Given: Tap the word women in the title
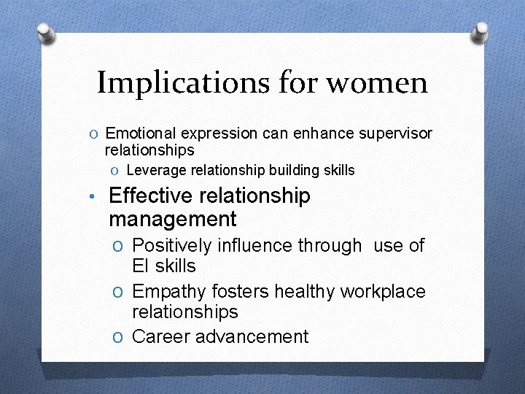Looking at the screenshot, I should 377,82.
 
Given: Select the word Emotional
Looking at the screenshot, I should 141,134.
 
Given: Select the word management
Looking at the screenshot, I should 172,219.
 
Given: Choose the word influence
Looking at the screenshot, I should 254,246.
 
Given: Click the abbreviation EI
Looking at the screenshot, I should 141,266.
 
